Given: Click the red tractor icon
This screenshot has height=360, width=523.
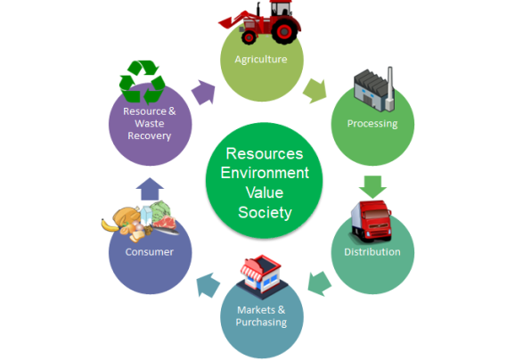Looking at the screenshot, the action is coord(260,22).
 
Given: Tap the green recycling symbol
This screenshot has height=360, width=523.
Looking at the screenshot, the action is coord(143,82).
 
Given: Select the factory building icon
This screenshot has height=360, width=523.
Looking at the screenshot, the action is coord(374,89).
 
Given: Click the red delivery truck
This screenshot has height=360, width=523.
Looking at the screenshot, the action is coord(371,221).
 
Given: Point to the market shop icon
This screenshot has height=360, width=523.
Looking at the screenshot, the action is coord(262,276).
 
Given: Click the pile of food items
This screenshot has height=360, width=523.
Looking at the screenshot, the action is coord(140,221).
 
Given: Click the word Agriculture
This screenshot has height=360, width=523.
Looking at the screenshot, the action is coord(261,60).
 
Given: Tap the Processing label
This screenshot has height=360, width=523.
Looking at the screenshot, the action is coord(372,124).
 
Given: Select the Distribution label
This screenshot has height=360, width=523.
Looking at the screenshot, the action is coord(372,252).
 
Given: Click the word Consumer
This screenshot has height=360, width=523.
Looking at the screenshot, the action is coord(150,252).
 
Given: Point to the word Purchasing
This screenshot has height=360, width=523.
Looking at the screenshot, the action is coord(261,323).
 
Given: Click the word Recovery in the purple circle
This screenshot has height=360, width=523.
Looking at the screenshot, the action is coord(150,135).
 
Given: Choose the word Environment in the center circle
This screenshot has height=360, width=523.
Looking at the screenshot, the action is coord(265,173).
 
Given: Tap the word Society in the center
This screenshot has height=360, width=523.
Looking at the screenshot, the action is coord(265,213).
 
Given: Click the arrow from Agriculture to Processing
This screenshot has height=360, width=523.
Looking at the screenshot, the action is coord(315,91).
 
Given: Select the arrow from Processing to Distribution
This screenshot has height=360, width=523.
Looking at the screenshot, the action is coord(372,186).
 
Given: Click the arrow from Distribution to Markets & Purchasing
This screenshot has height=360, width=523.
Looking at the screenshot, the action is coord(319,283).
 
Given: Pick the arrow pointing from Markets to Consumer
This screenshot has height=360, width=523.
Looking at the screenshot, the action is coord(208,285).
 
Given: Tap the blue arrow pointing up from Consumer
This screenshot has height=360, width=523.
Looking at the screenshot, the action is coord(150,189).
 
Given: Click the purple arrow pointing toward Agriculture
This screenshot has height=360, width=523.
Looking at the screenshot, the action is coord(203,93).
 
